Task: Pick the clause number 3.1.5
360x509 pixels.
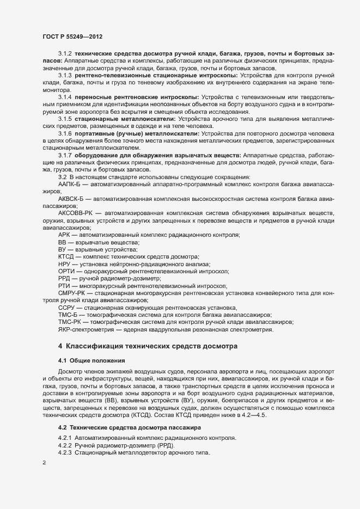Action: point(65,118)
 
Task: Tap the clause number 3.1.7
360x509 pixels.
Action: point(65,156)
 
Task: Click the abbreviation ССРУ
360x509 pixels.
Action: point(67,308)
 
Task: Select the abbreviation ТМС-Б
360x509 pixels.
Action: point(68,315)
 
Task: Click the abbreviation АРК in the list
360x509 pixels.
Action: point(65,234)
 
